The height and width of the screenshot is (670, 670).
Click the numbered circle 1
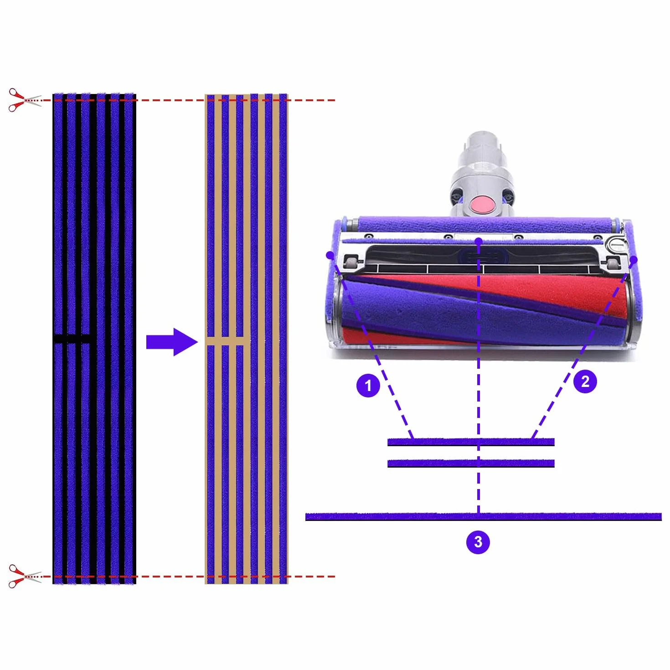click(x=368, y=385)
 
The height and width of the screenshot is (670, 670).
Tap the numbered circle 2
click(x=585, y=381)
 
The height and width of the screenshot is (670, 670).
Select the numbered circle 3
click(x=478, y=542)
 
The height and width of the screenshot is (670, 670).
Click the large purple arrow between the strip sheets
click(x=172, y=342)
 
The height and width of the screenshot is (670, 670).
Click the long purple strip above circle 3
click(x=483, y=517)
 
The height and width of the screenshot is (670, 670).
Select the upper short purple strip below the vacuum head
click(x=471, y=442)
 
